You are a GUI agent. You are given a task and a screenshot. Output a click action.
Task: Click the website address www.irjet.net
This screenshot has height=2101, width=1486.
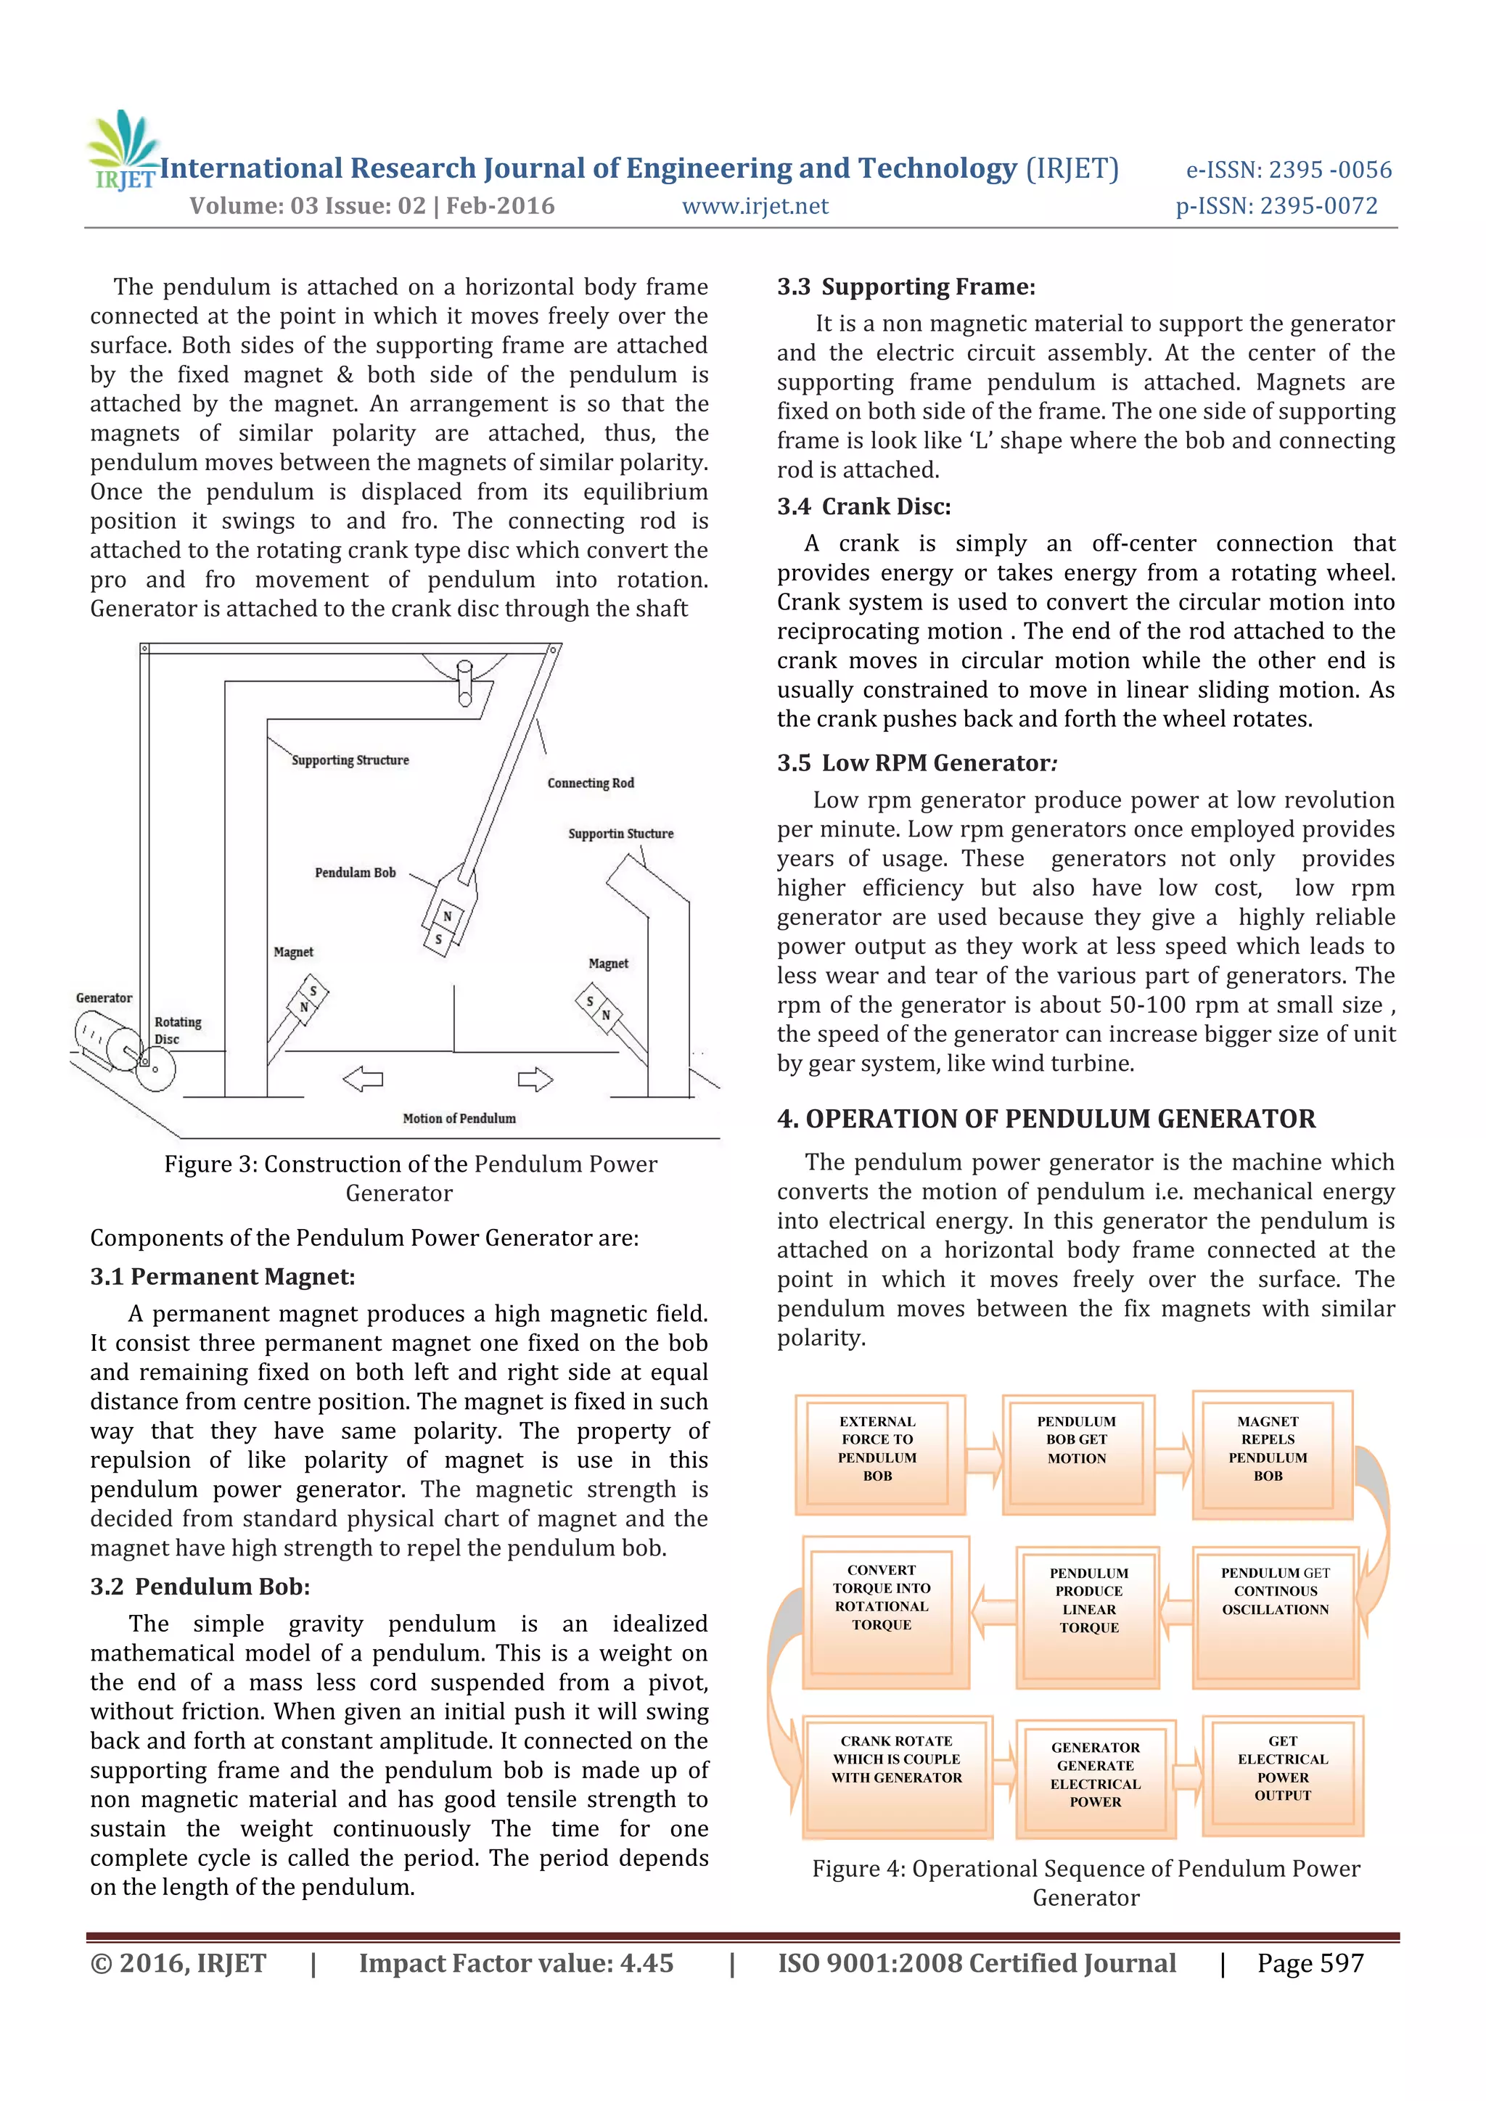coord(755,207)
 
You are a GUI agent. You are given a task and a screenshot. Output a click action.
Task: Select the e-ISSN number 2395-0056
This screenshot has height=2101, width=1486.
coord(1289,170)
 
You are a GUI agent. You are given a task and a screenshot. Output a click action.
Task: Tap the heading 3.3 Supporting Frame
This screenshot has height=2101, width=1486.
coord(906,287)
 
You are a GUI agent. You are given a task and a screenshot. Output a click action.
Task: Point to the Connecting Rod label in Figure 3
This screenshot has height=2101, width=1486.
coord(590,784)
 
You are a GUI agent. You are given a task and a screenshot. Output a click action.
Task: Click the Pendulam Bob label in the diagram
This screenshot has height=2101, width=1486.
coord(355,873)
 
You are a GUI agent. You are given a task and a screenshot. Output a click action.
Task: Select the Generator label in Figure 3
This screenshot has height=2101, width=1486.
coord(104,998)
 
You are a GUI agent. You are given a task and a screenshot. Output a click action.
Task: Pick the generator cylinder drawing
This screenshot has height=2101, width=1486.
coord(105,1043)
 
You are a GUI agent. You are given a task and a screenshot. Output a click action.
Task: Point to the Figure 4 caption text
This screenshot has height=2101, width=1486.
coord(1086,1883)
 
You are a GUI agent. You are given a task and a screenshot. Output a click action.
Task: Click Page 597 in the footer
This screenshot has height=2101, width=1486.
coord(1310,1964)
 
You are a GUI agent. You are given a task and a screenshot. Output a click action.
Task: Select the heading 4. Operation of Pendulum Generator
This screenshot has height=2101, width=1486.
coord(1046,1119)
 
